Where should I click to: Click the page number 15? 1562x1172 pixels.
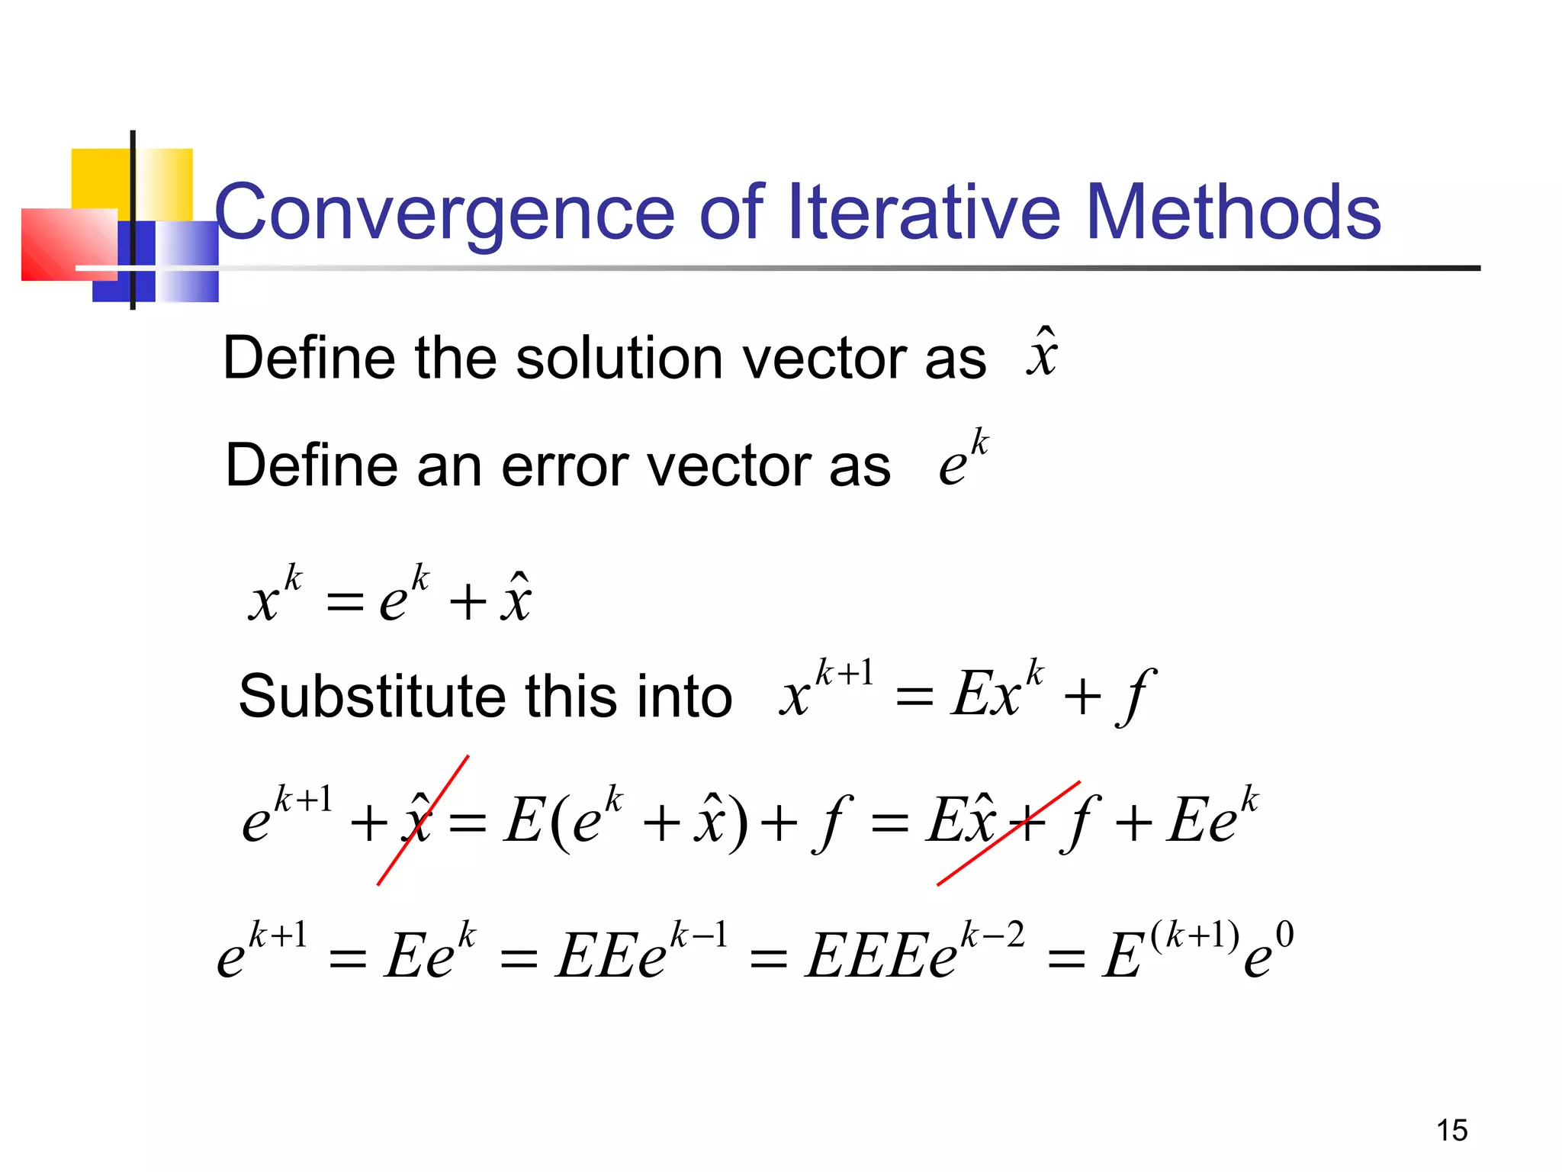point(1451,1130)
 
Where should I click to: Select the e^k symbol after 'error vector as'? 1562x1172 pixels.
point(963,458)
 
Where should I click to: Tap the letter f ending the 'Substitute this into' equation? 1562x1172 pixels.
point(1136,697)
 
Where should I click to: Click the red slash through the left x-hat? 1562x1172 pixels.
point(423,820)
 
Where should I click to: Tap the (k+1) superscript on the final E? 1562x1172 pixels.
point(1194,935)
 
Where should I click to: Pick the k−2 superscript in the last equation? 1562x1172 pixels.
point(992,935)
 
